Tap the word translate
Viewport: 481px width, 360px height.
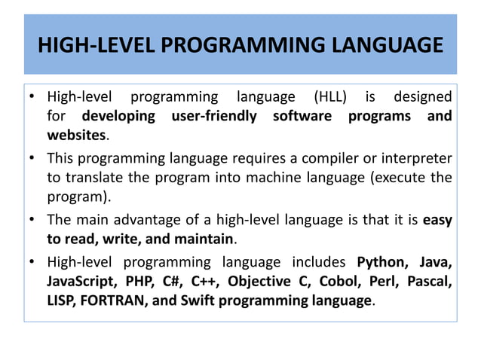click(x=92, y=178)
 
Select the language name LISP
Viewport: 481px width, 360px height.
click(x=62, y=301)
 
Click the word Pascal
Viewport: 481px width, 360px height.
click(x=427, y=282)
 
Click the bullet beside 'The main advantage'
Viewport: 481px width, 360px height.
click(x=33, y=221)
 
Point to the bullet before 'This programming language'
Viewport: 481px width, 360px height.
click(x=33, y=158)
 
